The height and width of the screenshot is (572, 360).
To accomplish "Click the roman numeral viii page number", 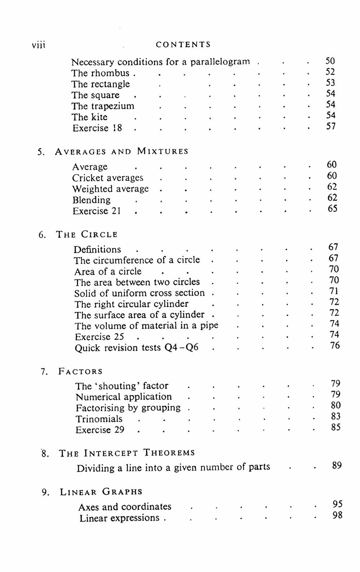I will coord(39,45).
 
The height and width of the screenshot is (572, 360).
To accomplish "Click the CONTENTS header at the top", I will coord(183,45).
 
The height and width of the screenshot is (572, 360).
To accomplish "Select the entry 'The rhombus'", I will coord(100,73).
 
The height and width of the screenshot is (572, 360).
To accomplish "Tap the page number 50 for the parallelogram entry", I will coord(330,61).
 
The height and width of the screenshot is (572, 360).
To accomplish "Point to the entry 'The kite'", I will coord(89,117).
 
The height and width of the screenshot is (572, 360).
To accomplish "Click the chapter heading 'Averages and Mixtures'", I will coord(122,152).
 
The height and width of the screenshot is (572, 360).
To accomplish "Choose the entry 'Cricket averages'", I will coord(108,178).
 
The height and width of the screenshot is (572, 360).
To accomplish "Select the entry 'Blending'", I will coord(91,200).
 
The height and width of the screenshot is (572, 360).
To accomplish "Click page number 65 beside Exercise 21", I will coord(332,209).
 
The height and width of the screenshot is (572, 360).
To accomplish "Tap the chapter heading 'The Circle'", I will coord(87,235).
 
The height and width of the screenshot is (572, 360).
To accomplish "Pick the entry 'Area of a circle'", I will coord(108,271).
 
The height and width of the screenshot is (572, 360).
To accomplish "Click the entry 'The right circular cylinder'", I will coord(131,304).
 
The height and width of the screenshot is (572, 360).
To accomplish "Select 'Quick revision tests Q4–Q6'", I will coord(136,348).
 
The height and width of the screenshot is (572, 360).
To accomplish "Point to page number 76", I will coord(335,346).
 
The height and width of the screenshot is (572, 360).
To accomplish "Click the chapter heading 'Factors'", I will coord(80,371).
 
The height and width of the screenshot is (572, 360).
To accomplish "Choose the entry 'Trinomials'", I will coord(99,419).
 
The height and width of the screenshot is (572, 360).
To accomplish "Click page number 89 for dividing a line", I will coord(337,465).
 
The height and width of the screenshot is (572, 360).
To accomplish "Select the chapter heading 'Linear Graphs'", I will coord(101,492).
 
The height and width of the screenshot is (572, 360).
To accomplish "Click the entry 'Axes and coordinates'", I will coord(125,507).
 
